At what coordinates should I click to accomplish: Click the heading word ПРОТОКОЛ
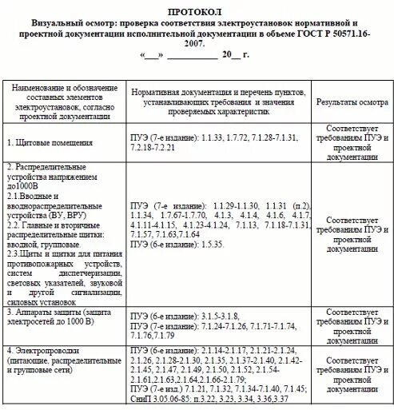pyautogui.click(x=197, y=13)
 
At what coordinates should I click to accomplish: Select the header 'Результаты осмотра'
pyautogui.click(x=348, y=102)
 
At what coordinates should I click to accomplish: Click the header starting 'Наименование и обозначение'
pyautogui.click(x=64, y=102)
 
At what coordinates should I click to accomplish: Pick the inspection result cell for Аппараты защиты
pyautogui.click(x=348, y=322)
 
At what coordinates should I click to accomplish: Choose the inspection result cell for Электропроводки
pyautogui.click(x=348, y=376)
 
